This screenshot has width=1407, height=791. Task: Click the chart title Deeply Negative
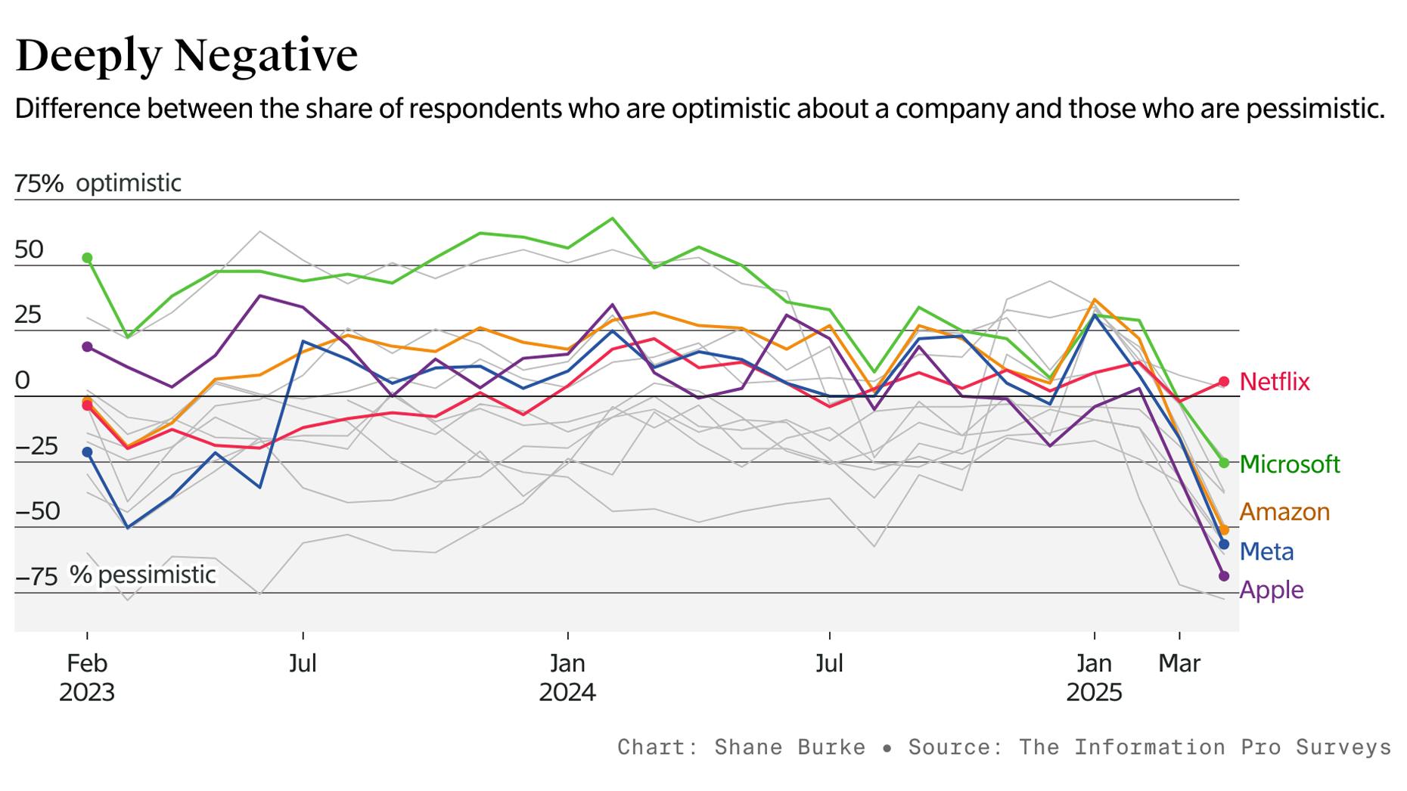[x=186, y=54]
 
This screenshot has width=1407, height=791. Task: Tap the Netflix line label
[x=1275, y=382]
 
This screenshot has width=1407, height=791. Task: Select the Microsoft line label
[x=1290, y=464]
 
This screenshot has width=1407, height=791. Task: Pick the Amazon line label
[x=1284, y=512]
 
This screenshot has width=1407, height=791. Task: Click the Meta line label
[x=1266, y=551]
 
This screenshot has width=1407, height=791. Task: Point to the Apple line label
[x=1271, y=590]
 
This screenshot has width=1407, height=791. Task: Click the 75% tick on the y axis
[x=39, y=183]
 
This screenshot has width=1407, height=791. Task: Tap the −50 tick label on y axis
[x=37, y=511]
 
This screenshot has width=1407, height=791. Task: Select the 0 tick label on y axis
[x=23, y=380]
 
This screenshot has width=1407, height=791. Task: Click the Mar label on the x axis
[x=1179, y=663]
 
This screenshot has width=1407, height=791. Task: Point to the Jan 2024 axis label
[x=567, y=678]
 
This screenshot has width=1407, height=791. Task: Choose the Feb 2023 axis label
[x=87, y=678]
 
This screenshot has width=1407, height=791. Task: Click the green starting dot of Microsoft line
[x=87, y=258]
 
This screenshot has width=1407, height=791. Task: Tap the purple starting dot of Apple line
[x=87, y=346]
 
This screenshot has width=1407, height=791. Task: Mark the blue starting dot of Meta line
[x=87, y=452]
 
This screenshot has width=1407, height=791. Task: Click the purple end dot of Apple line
[x=1224, y=576]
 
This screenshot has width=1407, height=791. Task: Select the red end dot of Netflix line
[x=1224, y=382]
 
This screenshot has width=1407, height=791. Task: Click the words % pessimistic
[x=143, y=575]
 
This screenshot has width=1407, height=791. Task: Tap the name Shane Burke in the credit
[x=790, y=747]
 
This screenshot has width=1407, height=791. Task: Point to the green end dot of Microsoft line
[x=1224, y=462]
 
